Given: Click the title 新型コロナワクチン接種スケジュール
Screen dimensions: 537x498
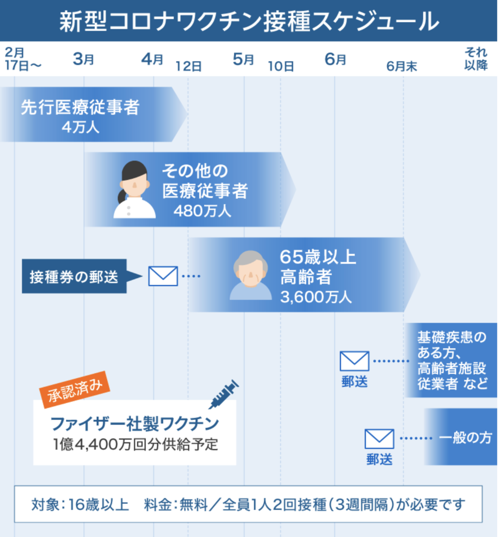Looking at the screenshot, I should (x=249, y=21).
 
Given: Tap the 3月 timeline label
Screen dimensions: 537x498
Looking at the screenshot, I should (x=83, y=59).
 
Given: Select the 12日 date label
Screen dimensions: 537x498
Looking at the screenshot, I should (x=189, y=67).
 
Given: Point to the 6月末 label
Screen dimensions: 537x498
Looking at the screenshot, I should (x=402, y=67).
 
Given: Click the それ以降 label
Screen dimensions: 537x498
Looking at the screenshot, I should (x=476, y=59).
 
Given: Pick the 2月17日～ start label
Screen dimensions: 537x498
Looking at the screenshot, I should (x=22, y=60).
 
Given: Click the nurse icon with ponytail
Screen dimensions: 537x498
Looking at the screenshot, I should (x=134, y=190).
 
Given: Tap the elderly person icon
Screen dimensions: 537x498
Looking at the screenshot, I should (x=250, y=275).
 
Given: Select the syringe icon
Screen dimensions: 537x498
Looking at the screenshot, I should (x=223, y=394).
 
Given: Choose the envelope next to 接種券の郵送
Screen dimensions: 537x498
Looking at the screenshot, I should (x=163, y=276).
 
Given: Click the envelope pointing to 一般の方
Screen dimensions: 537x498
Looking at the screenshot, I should (x=379, y=439).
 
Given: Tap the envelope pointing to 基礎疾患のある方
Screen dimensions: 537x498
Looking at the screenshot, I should (x=354, y=361).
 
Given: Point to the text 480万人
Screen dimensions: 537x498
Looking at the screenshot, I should (x=202, y=211).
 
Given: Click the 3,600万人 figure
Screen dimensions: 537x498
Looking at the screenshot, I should (x=316, y=297).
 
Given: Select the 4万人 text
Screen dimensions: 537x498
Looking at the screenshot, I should (x=81, y=127).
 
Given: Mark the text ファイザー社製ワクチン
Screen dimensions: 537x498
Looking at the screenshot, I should (x=134, y=423).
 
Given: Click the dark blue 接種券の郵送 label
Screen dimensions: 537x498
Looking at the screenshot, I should (x=74, y=277).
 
